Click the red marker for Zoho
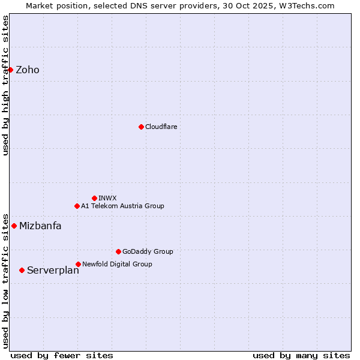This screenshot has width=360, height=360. pos(10,70)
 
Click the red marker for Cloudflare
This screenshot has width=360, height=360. pos(141,127)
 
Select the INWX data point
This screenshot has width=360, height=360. pos(94,198)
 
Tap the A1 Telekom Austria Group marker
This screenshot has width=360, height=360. pos(77,206)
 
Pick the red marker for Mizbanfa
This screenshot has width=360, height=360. pos(14,226)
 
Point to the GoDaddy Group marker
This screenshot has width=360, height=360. pos(118,251)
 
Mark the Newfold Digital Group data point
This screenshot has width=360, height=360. pos(78,264)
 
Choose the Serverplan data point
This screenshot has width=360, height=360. pos(22,270)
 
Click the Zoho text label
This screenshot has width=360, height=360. pos(28,70)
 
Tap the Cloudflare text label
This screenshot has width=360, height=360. pos(161,127)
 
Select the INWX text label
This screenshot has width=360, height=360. pos(107,198)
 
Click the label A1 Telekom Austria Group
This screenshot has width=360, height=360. pos(122,206)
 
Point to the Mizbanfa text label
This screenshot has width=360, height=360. pos(40,226)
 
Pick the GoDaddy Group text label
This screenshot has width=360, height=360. pos(148,251)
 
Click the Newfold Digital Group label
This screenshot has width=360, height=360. pos(117,264)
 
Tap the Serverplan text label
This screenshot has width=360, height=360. pos(53,271)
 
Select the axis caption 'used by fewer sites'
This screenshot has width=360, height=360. pos(62,355)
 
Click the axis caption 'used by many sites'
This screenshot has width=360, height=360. pos(301,355)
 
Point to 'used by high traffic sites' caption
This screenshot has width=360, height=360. pos(5,85)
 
